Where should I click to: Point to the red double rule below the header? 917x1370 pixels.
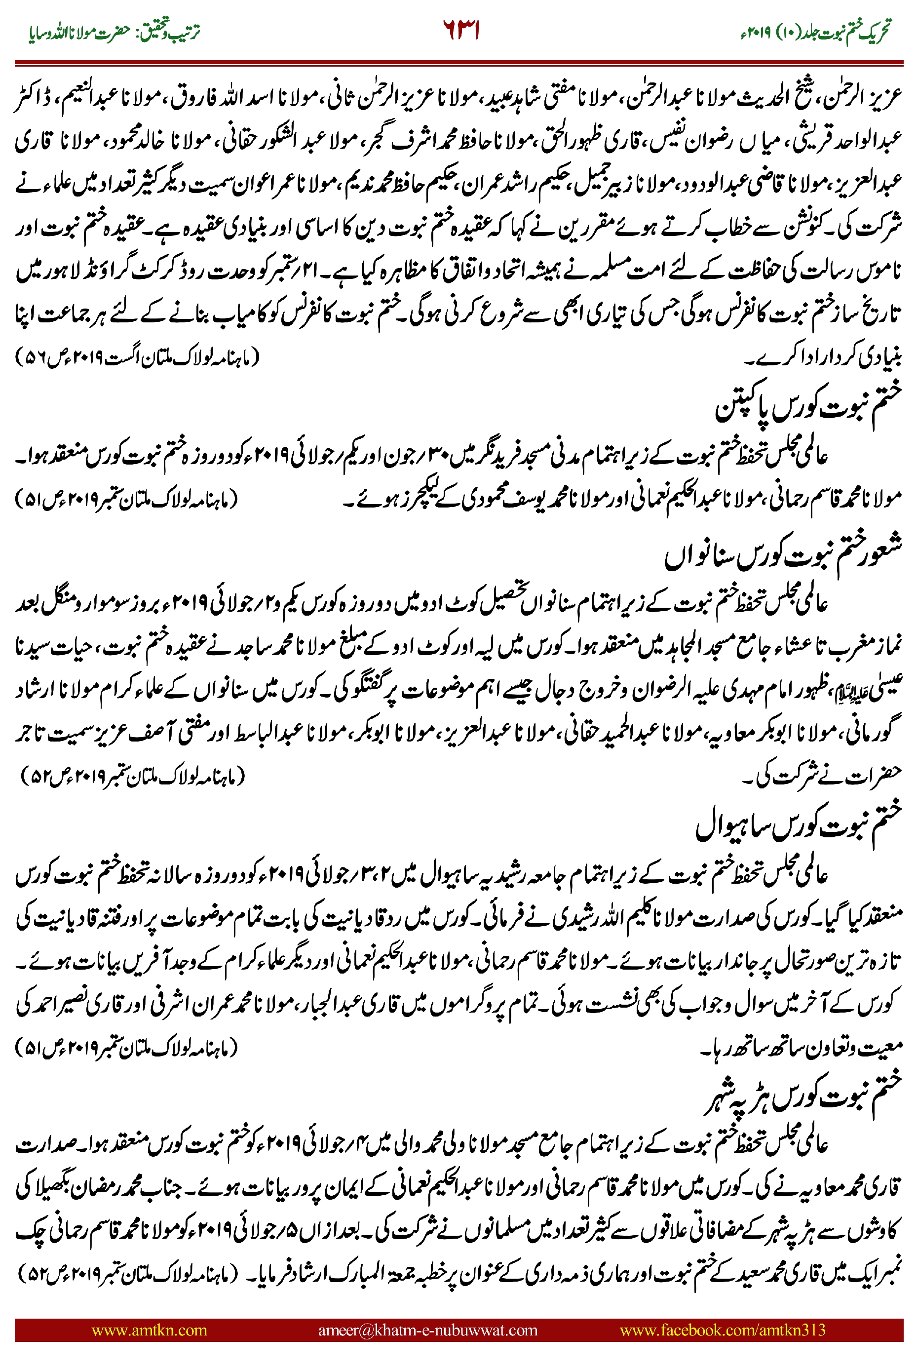pyautogui.click(x=458, y=62)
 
